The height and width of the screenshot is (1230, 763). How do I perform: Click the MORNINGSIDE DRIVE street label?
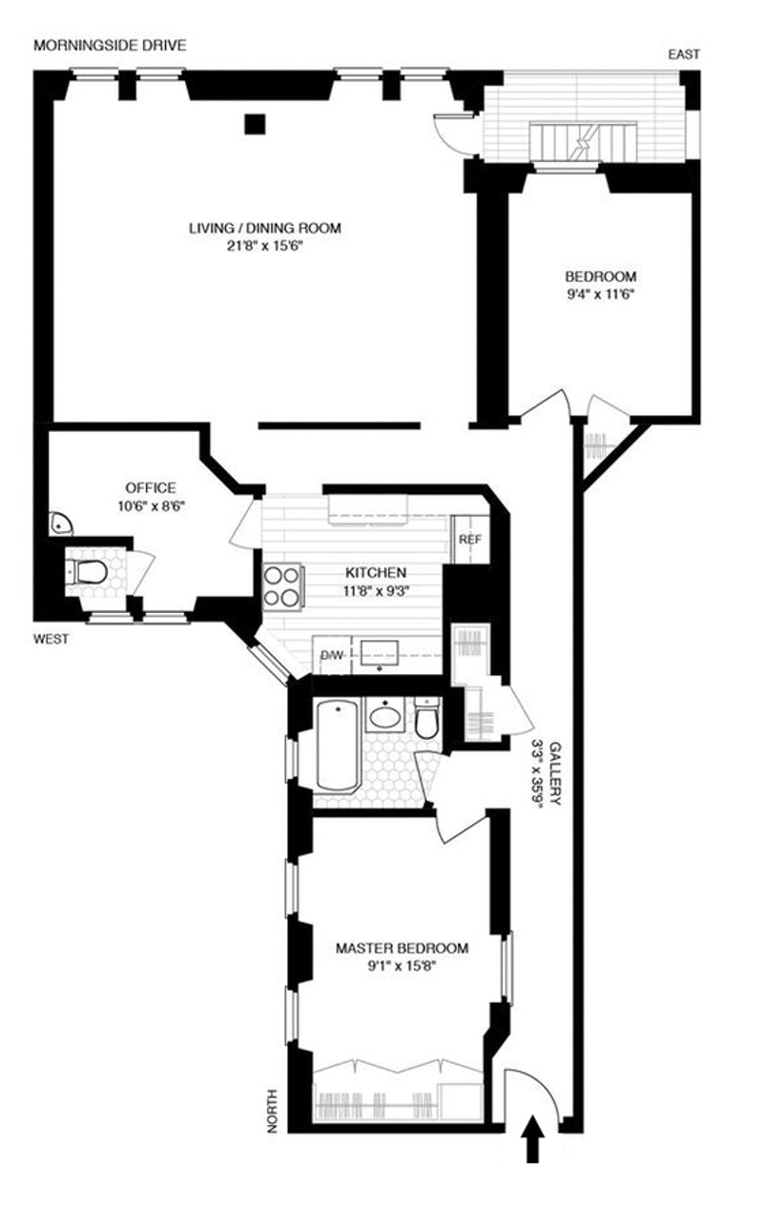(x=110, y=45)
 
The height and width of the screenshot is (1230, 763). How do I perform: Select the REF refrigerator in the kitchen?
(x=469, y=539)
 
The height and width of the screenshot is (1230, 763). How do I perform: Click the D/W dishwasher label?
(x=330, y=656)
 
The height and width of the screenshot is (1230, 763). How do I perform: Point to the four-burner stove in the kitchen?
(x=283, y=585)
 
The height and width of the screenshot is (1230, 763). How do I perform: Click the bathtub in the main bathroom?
(x=338, y=745)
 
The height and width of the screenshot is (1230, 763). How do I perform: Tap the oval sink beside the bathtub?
(x=386, y=716)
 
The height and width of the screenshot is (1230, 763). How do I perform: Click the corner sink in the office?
(x=59, y=523)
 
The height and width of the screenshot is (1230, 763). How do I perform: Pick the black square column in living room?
(x=254, y=123)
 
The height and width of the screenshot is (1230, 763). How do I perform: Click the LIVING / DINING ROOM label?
(x=264, y=229)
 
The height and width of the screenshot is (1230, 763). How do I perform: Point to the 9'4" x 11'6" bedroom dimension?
(x=600, y=295)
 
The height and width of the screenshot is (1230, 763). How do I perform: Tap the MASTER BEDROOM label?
(x=402, y=949)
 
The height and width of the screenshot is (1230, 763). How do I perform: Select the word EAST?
(x=684, y=55)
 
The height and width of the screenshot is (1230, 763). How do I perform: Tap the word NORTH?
(x=273, y=1110)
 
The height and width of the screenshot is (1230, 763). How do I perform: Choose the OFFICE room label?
(x=151, y=488)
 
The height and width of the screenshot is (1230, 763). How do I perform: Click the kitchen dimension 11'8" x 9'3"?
(x=375, y=590)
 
